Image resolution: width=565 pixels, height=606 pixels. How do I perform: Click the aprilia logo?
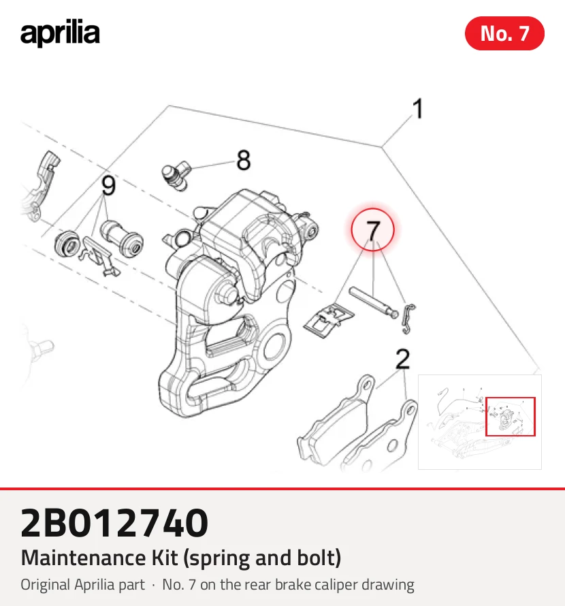60,33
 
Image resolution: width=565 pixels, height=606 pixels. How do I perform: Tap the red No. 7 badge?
504,33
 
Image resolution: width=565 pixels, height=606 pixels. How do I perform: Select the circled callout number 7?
372,229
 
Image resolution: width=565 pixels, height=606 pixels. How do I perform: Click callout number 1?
418,108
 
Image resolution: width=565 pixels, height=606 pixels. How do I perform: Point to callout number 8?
244,160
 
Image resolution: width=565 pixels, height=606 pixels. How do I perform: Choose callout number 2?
403,359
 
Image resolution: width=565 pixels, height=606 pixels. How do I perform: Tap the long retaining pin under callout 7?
373,302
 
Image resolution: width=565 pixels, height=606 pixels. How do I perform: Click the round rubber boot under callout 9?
67,242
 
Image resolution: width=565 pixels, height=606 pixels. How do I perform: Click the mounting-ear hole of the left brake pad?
366,385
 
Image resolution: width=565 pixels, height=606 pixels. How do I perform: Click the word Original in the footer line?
46,585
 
